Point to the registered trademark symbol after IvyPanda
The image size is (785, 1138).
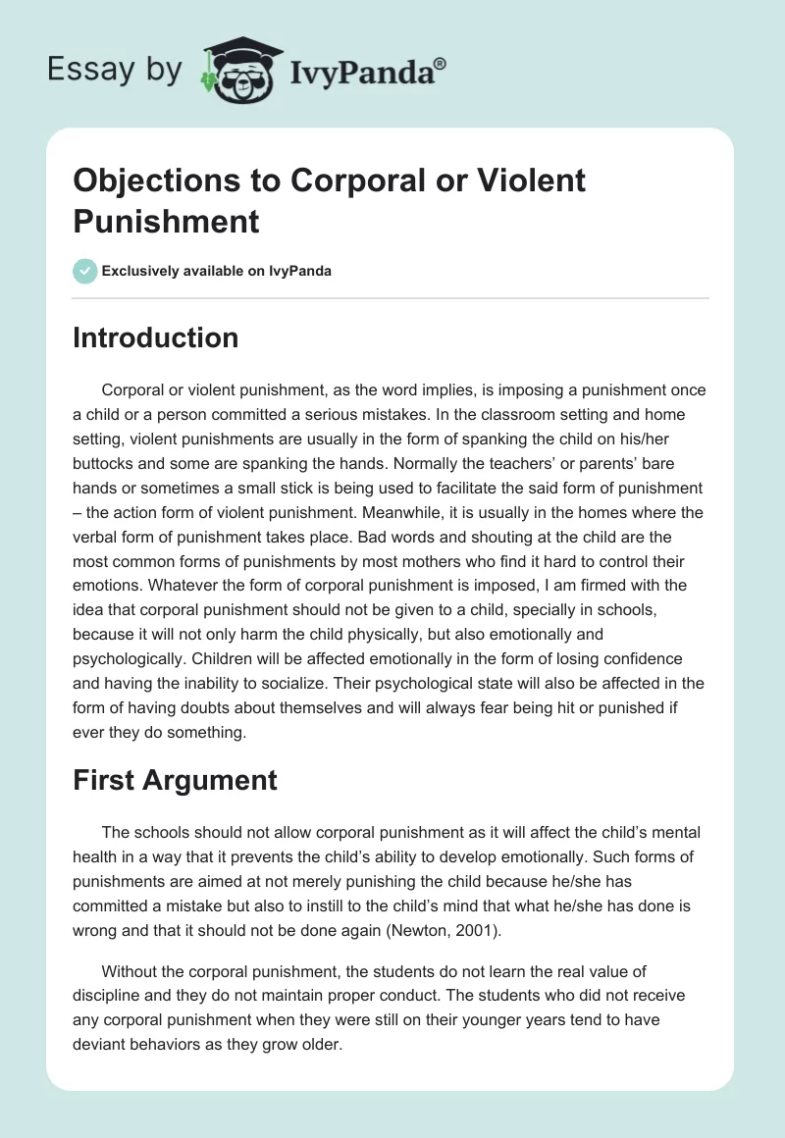click(x=440, y=63)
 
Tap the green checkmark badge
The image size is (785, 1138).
click(x=85, y=271)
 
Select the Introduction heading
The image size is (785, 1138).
click(x=155, y=337)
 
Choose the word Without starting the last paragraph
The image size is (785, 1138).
click(x=131, y=972)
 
